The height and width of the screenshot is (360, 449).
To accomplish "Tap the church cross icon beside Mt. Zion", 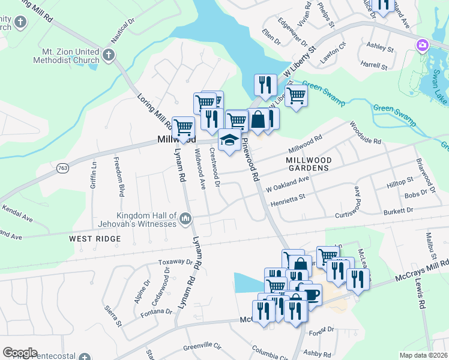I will [x=109, y=55].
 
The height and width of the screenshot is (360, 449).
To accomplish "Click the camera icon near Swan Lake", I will [x=423, y=45].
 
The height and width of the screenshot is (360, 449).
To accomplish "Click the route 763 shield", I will [x=62, y=169].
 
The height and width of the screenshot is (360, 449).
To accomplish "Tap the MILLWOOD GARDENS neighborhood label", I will [x=308, y=164].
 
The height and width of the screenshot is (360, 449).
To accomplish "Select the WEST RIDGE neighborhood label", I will [x=95, y=239].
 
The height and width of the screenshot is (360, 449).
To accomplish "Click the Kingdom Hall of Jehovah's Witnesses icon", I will [x=185, y=220].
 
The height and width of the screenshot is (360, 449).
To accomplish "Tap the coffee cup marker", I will [x=310, y=294].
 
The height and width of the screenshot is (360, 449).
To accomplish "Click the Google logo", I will [x=20, y=353].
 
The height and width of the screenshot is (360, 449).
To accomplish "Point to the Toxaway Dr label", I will [x=175, y=262].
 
